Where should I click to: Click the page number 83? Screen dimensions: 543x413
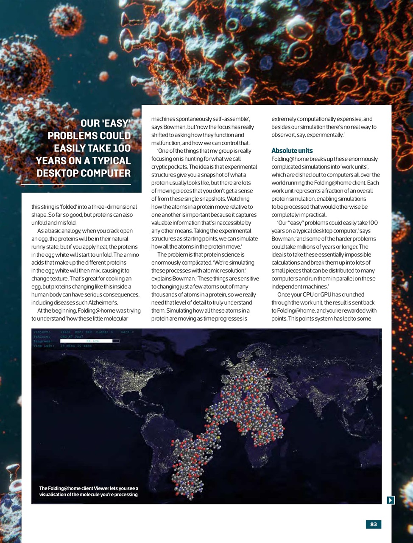(x=374, y=524)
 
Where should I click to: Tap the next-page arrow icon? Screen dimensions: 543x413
(x=391, y=500)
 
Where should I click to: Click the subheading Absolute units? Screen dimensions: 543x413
(x=292, y=151)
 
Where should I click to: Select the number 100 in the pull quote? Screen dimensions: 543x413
(x=122, y=148)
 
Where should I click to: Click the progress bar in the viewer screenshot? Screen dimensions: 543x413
(x=89, y=341)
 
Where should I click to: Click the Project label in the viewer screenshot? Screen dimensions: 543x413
(x=42, y=332)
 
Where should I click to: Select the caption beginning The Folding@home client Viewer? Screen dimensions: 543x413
(x=89, y=491)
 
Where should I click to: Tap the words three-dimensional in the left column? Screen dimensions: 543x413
(x=115, y=207)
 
